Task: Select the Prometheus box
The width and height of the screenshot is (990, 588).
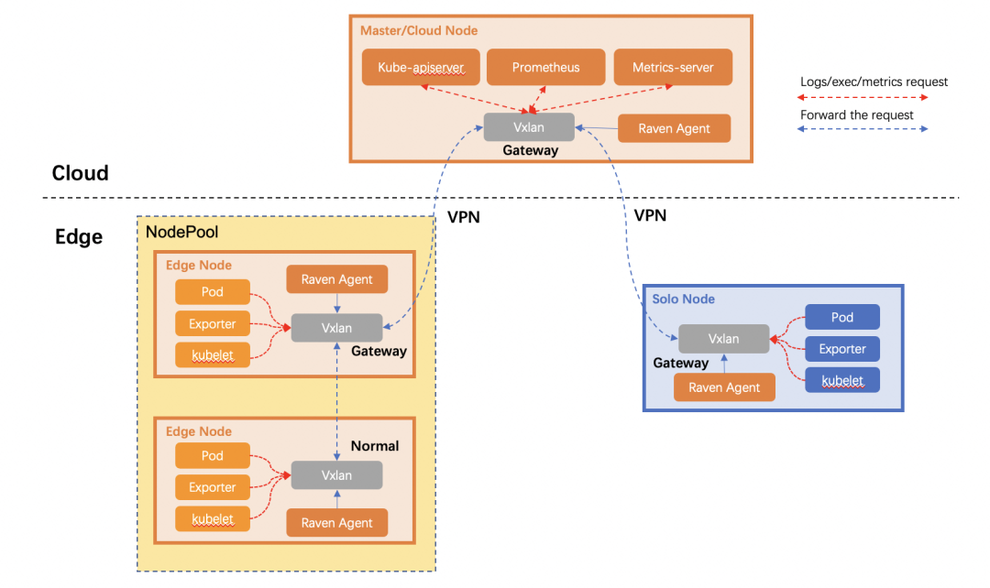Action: [545, 68]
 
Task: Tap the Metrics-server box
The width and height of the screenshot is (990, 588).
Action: [672, 68]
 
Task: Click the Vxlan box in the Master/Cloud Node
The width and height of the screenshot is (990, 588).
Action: [529, 127]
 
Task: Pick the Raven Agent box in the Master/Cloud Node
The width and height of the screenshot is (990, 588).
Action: [674, 128]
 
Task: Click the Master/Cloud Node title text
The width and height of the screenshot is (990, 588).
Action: [418, 30]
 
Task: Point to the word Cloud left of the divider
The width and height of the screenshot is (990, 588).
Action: [80, 173]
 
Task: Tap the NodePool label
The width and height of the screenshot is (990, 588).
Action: [182, 233]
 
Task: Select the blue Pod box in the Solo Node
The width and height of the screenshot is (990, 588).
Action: [841, 318]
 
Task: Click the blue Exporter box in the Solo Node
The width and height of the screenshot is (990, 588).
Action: [841, 349]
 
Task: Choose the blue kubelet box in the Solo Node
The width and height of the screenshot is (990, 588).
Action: [841, 379]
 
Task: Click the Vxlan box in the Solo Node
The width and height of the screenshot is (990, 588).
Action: [723, 339]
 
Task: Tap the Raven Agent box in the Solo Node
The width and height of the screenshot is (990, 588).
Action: [724, 387]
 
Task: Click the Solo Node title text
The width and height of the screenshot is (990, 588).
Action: [683, 299]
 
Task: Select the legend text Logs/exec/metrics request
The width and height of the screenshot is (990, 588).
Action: [874, 82]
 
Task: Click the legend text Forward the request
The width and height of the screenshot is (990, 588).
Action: [856, 115]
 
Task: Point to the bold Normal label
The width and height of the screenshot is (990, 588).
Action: [375, 446]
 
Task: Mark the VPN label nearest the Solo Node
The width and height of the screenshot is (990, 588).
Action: [650, 215]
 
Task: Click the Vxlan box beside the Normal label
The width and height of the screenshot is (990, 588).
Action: [336, 475]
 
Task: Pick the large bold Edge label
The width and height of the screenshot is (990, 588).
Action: [79, 237]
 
